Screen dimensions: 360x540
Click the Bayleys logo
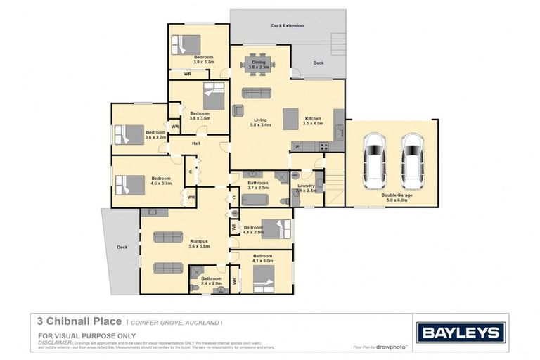click(x=461, y=333)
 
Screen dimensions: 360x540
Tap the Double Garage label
click(x=397, y=198)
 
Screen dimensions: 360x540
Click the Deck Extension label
click(x=288, y=26)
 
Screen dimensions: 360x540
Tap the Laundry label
click(x=306, y=188)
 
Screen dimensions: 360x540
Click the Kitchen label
click(x=312, y=120)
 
